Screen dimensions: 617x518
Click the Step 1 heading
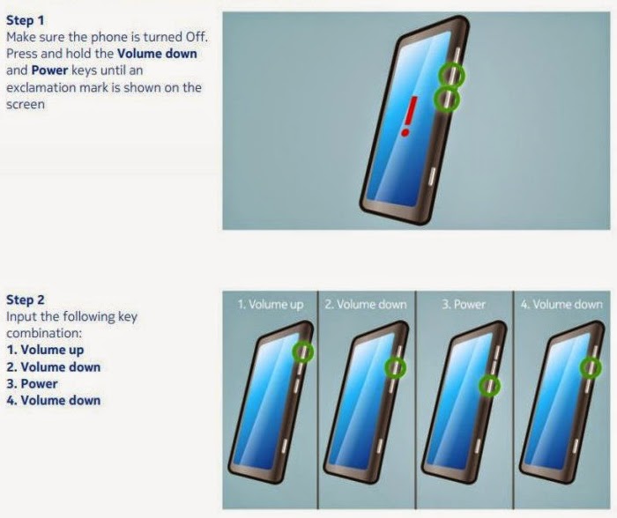(26, 20)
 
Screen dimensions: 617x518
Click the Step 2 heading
(26, 300)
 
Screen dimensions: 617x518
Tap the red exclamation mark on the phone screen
(409, 117)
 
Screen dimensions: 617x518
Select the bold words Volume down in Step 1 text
(157, 54)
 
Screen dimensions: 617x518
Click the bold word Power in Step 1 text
(49, 70)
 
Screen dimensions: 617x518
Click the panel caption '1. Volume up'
(271, 304)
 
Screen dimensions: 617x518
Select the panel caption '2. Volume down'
(366, 304)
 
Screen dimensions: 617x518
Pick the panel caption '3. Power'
(464, 304)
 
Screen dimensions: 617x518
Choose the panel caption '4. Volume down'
(561, 304)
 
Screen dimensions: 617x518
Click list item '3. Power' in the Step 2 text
(32, 383)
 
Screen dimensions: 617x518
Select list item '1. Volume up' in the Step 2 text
(45, 350)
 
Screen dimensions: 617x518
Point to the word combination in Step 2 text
(44, 333)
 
